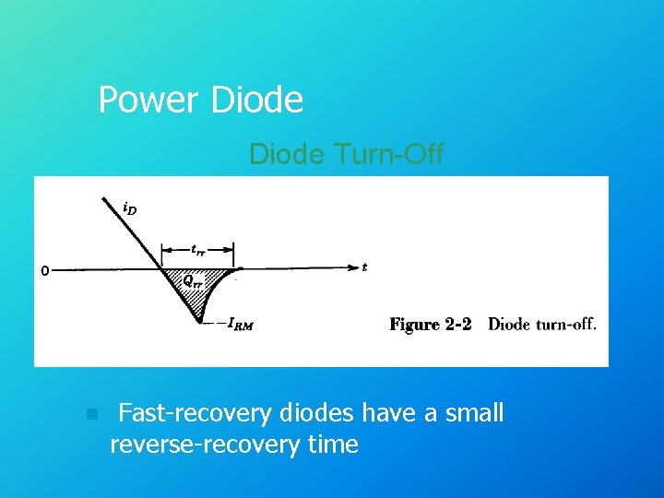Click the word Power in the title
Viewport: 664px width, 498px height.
[x=149, y=101]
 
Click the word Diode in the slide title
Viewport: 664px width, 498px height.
[x=256, y=101]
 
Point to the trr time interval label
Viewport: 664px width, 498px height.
[x=198, y=248]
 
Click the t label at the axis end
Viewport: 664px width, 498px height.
[x=365, y=267]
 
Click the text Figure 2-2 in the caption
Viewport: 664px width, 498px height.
[x=431, y=325]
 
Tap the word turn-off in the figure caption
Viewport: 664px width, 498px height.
[x=565, y=325]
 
